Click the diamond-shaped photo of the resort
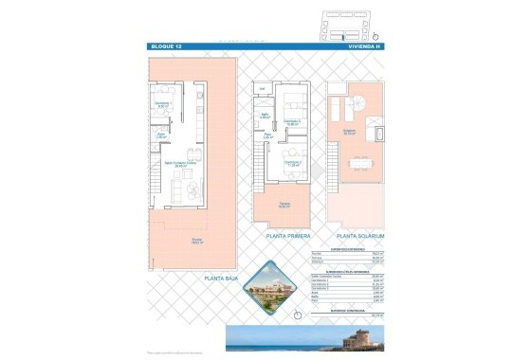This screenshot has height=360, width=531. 278,287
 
